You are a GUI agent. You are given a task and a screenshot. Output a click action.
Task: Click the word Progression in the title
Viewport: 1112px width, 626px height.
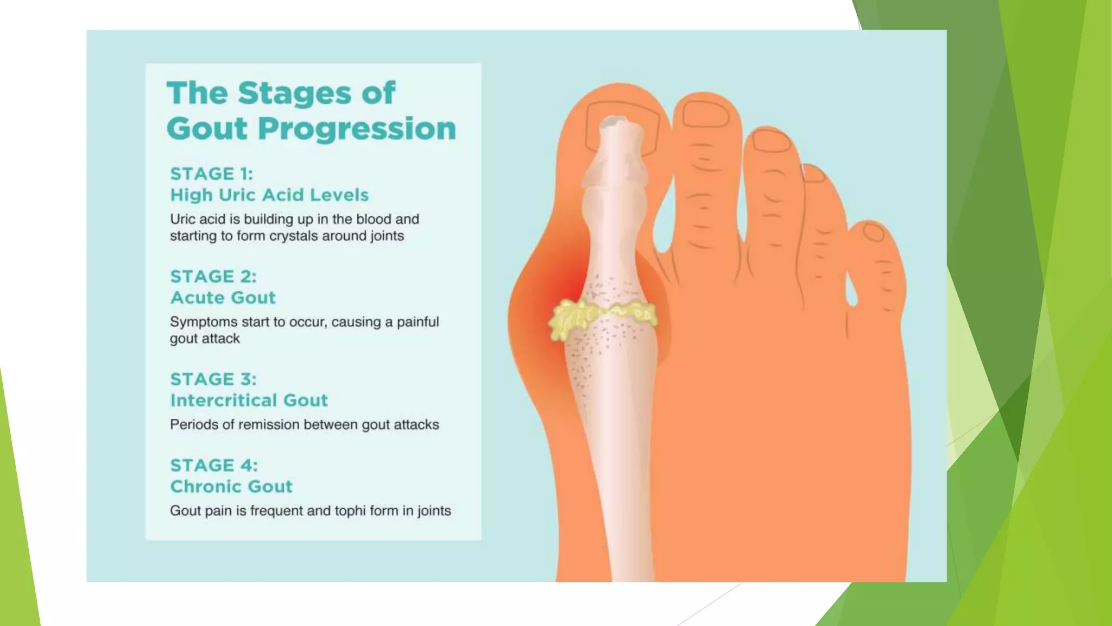click(357, 129)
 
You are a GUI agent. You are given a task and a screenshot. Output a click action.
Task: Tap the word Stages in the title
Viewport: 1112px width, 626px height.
click(295, 93)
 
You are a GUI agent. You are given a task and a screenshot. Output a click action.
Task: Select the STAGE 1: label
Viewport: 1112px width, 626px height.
click(211, 174)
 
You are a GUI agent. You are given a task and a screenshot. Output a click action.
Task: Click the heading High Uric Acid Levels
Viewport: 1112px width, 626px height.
click(269, 195)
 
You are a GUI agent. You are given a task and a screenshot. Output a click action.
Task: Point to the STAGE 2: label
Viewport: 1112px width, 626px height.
click(213, 277)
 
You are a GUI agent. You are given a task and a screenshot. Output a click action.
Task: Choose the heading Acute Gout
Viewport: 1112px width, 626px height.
click(223, 298)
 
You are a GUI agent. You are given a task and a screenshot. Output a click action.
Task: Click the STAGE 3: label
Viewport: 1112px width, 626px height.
click(213, 379)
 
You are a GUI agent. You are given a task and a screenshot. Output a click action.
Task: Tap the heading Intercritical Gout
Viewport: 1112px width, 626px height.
click(249, 400)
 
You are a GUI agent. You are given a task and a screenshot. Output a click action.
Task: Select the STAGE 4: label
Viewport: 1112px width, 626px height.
click(213, 466)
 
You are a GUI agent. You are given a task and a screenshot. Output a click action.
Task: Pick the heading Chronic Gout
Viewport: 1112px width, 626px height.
click(231, 486)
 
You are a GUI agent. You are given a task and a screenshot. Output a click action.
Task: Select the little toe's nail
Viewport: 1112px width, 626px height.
click(874, 232)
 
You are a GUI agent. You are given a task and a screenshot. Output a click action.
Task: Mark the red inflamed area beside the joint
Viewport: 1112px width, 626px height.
click(565, 283)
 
